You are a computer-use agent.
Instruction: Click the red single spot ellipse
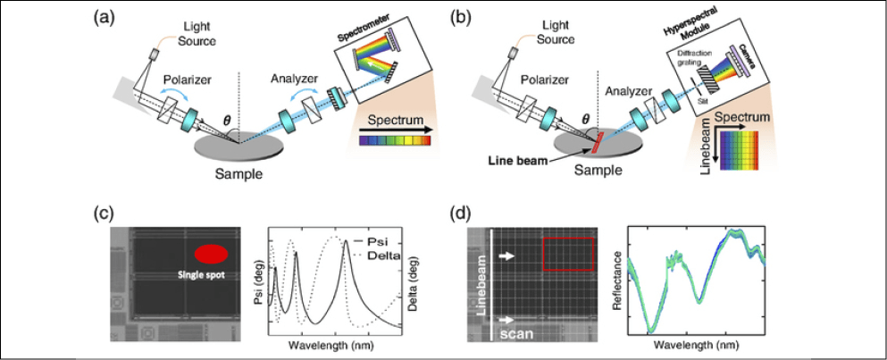[x=211, y=254]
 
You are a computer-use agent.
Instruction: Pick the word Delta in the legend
[x=389, y=255]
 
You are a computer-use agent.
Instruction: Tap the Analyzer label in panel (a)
[x=290, y=79]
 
